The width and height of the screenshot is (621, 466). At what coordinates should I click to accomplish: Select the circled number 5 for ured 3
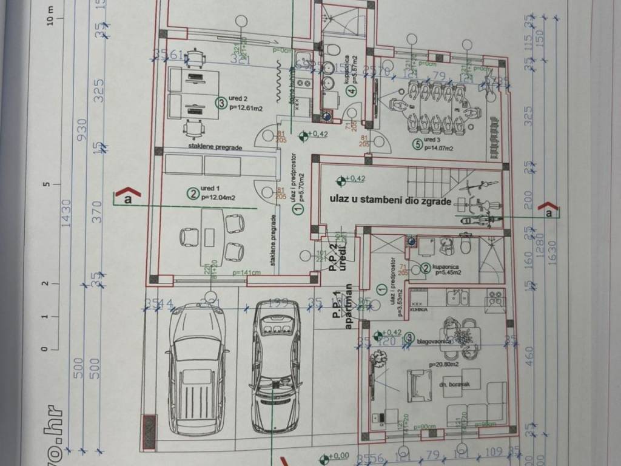coord(417,144)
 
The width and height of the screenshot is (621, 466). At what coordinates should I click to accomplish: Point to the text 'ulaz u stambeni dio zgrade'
coord(391,198)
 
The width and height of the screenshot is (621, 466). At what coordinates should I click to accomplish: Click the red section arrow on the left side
coord(128,194)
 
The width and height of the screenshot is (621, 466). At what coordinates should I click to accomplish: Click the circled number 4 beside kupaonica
coord(350,92)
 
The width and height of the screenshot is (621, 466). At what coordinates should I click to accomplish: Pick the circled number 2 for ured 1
coord(192,194)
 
